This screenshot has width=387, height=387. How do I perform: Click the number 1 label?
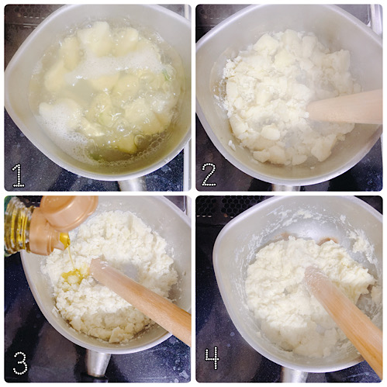coord(19,175)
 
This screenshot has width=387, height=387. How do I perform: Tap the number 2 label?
coord(209,174)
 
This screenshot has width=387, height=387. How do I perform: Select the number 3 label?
coord(20,363)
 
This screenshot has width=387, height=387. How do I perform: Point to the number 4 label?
coord(212,358)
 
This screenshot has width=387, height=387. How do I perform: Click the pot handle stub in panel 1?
coord(133,184)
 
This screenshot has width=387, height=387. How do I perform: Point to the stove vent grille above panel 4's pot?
coord(233,205)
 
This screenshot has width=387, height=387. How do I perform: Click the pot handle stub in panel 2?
coord(286,188)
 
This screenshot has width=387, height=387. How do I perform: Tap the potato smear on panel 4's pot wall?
coord(363,243)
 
